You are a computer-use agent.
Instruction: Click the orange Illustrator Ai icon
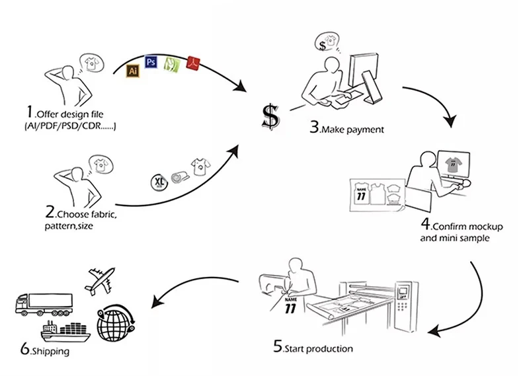133,69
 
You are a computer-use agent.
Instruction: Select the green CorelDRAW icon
172,64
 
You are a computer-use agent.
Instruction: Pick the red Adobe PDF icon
193,63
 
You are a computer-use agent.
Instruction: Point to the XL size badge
160,181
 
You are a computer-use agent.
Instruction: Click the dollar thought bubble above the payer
325,42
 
